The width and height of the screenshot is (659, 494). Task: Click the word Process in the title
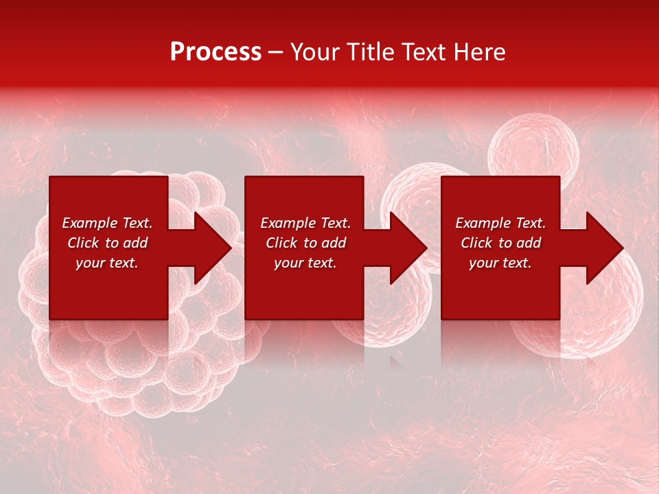(x=216, y=52)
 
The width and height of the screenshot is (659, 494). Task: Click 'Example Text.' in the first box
(x=107, y=223)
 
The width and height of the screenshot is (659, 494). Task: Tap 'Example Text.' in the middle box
(x=305, y=223)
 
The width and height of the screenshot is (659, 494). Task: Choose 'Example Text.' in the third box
(x=500, y=223)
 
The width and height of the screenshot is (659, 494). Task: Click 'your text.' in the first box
(x=107, y=263)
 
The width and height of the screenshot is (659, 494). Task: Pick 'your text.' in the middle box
(x=305, y=263)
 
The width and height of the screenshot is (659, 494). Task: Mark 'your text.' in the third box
(x=500, y=263)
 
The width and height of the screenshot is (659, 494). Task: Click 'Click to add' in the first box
(x=107, y=243)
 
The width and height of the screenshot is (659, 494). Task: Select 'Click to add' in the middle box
(x=305, y=243)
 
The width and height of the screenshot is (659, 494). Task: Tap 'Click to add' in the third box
(x=500, y=243)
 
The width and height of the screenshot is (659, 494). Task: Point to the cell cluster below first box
(x=137, y=370)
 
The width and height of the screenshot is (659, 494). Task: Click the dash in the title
(x=275, y=53)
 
